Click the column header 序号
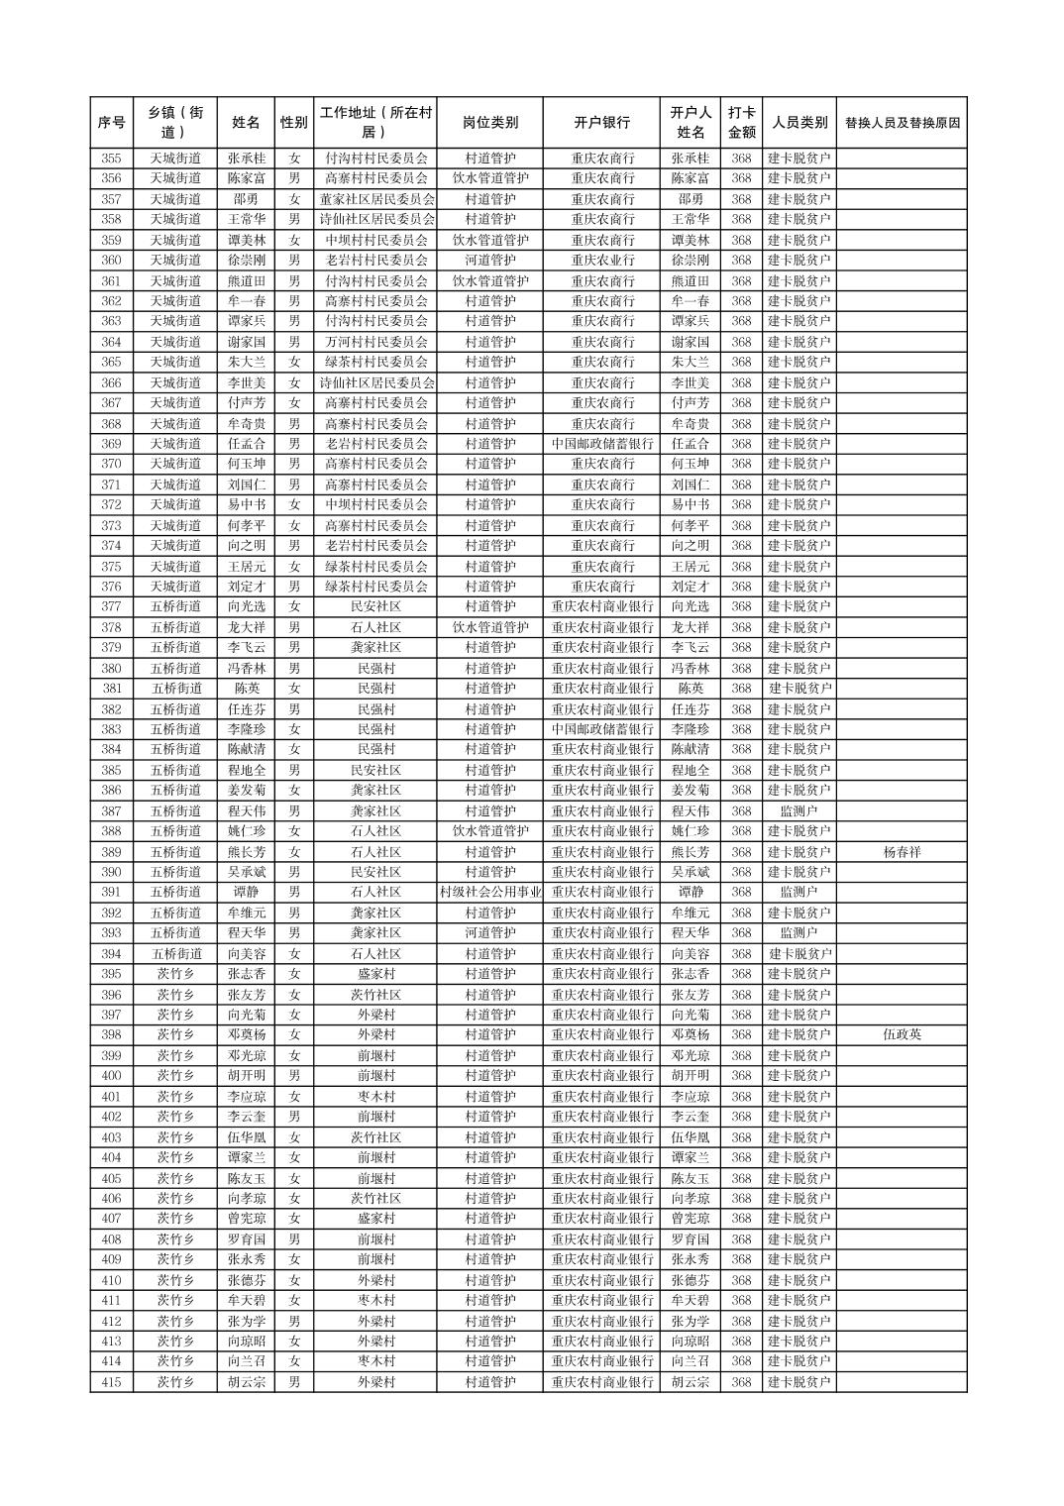pyautogui.click(x=112, y=123)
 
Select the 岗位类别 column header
pyautogui.click(x=490, y=123)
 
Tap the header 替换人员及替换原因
pyautogui.click(x=902, y=123)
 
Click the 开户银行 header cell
pyautogui.click(x=602, y=123)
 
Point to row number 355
pyautogui.click(x=112, y=159)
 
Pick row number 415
pyautogui.click(x=112, y=1382)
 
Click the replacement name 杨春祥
pyautogui.click(x=902, y=852)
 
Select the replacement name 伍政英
pyautogui.click(x=902, y=1035)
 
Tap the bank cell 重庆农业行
pyautogui.click(x=602, y=261)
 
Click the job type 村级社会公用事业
pyautogui.click(x=490, y=893)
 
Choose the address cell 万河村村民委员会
pyautogui.click(x=376, y=342)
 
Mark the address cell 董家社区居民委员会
pyautogui.click(x=376, y=199)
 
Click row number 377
pyautogui.click(x=112, y=607)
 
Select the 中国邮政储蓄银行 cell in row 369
pyautogui.click(x=602, y=444)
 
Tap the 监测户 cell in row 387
pyautogui.click(x=799, y=811)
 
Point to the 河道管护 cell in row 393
pyautogui.click(x=490, y=933)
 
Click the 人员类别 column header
pyautogui.click(x=799, y=123)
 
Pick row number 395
pyautogui.click(x=112, y=974)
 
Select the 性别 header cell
pyautogui.click(x=293, y=123)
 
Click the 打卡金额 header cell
pyautogui.click(x=741, y=123)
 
